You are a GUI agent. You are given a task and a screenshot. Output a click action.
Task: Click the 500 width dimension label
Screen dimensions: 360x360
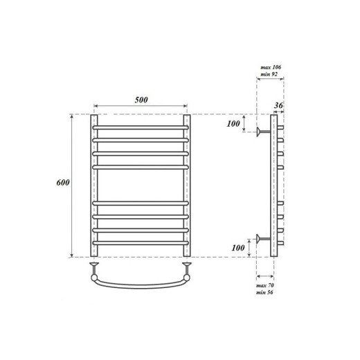pos(141,100)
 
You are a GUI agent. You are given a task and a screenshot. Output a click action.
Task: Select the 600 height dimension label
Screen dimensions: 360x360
pos(62,182)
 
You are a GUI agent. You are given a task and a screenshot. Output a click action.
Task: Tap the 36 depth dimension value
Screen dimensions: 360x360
pos(278,105)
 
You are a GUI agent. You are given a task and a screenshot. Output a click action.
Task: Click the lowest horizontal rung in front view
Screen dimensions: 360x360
pos(141,242)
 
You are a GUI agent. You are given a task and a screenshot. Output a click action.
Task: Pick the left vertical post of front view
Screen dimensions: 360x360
pos(94,186)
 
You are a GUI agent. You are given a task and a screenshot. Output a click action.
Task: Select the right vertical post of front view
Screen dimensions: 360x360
pos(186,186)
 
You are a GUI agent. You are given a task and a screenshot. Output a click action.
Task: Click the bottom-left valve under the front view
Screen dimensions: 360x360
pos(94,266)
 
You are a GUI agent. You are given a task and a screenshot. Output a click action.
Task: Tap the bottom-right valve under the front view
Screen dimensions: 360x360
pos(186,266)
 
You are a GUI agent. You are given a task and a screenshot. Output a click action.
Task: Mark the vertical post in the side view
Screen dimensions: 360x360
pos(273,186)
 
